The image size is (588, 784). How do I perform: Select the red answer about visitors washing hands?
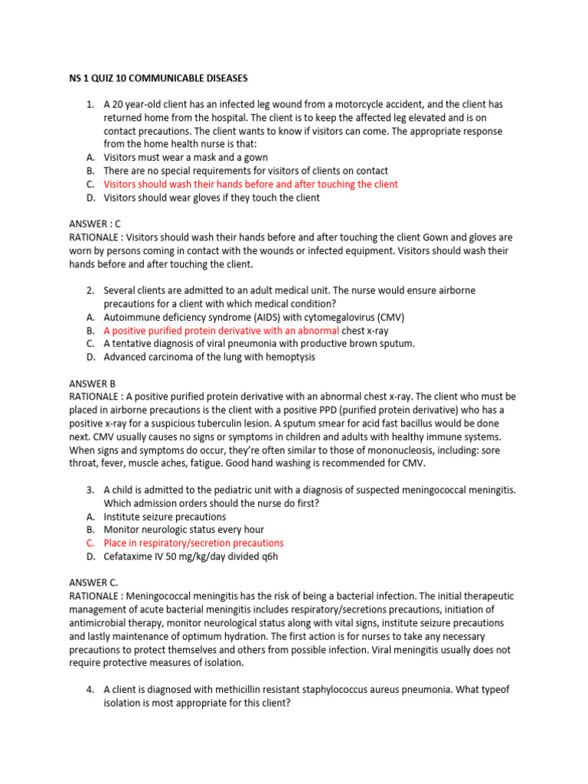pyautogui.click(x=250, y=185)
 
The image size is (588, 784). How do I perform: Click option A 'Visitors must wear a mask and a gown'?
pyautogui.click(x=185, y=158)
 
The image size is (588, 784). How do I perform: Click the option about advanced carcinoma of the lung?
pyautogui.click(x=209, y=357)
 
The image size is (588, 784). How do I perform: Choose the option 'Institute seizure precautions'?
pyautogui.click(x=165, y=517)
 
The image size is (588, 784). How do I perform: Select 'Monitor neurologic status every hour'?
pyautogui.click(x=184, y=530)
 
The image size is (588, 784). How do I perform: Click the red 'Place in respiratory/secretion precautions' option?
pyautogui.click(x=193, y=543)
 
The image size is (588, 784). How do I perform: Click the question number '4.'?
pyautogui.click(x=90, y=690)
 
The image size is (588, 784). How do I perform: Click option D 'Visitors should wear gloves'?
pyautogui.click(x=211, y=198)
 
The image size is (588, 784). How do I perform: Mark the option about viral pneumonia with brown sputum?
pyautogui.click(x=259, y=344)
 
